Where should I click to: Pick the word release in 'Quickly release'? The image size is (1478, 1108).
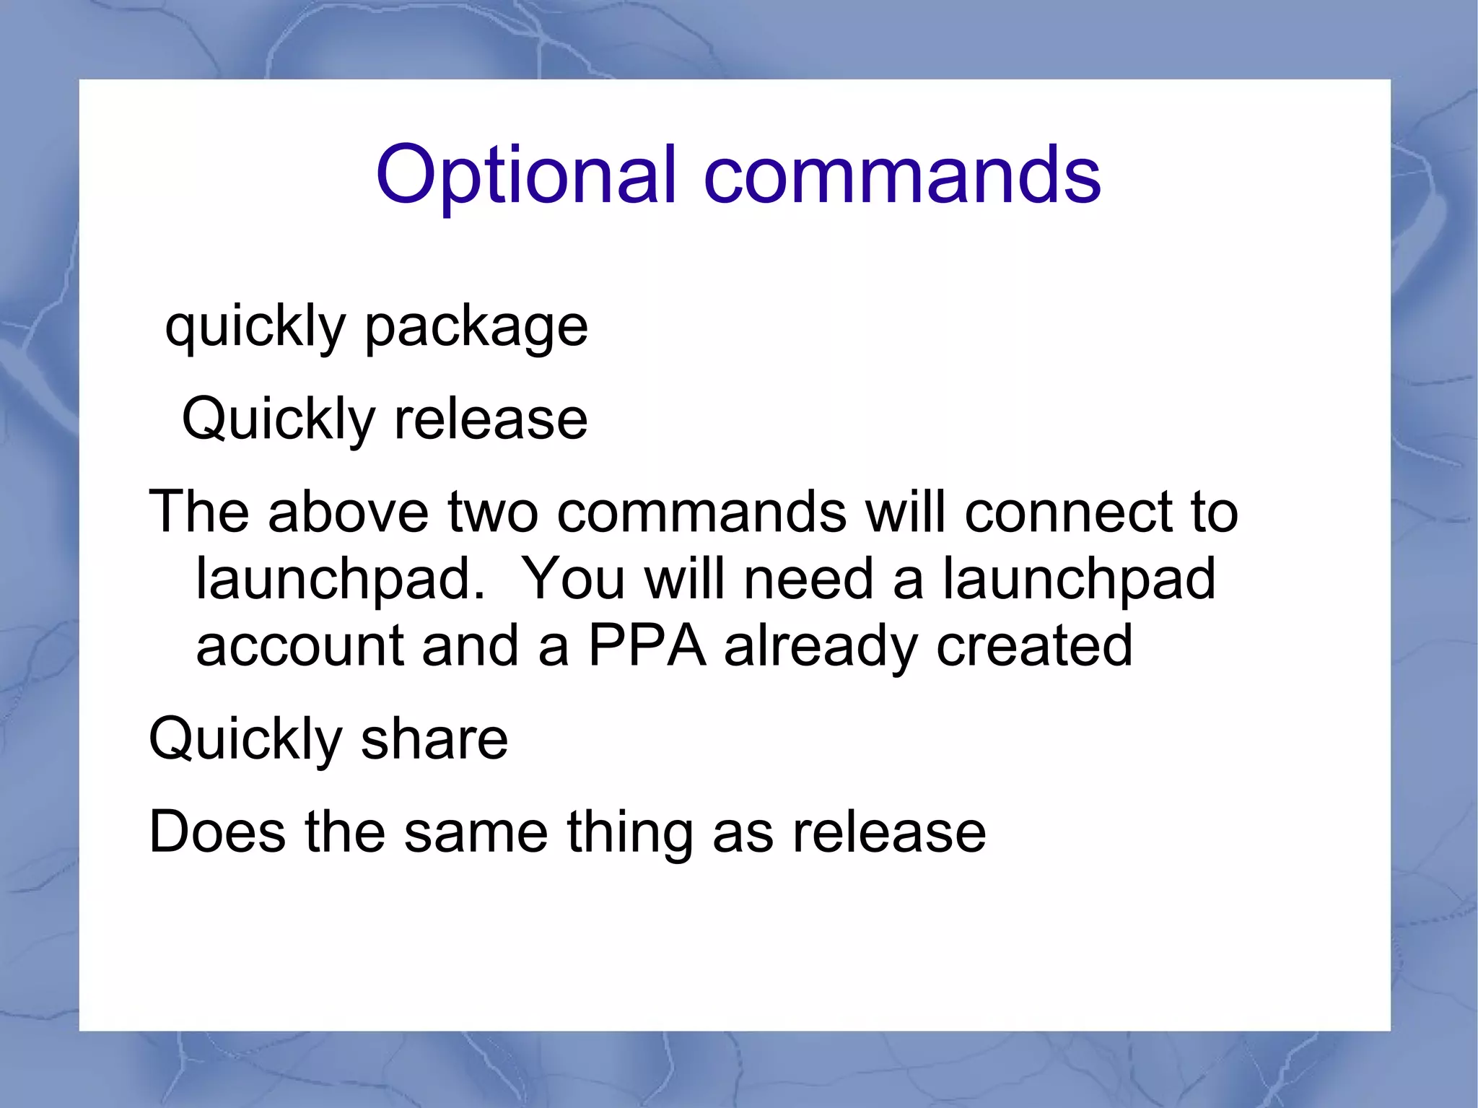click(491, 419)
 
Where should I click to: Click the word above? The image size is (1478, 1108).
click(349, 512)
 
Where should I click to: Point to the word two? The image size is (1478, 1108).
click(493, 512)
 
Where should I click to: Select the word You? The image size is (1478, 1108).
click(572, 580)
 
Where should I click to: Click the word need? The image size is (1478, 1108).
click(808, 580)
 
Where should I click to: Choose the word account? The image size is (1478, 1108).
click(299, 646)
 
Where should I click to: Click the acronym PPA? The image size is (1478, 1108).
click(647, 646)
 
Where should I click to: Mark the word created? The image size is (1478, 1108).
click(1033, 646)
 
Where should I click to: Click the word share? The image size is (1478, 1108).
click(434, 739)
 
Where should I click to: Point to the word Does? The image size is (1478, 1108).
click(217, 832)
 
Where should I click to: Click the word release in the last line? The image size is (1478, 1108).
click(888, 832)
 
